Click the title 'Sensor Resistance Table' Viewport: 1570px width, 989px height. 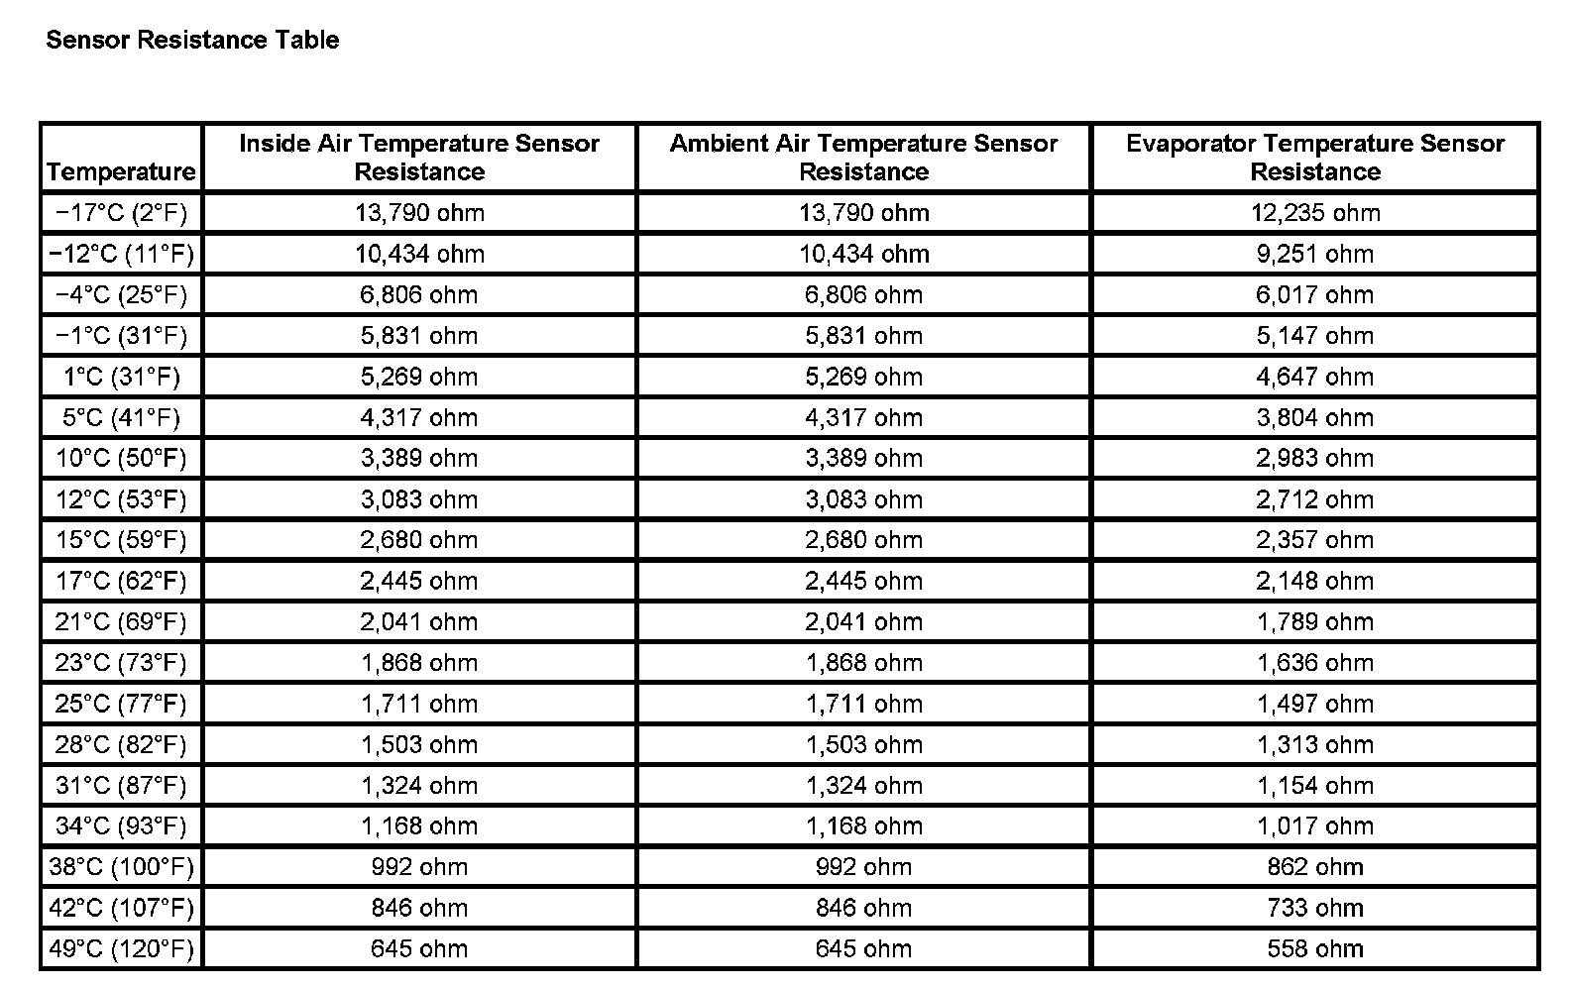(192, 40)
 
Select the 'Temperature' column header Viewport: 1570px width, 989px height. (121, 171)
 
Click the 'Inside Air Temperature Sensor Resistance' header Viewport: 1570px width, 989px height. (419, 157)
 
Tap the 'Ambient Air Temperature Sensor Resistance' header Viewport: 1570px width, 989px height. (863, 157)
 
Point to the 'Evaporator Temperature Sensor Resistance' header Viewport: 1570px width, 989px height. (1314, 157)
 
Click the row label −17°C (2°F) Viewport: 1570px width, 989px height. (121, 212)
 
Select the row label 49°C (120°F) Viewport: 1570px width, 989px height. (121, 948)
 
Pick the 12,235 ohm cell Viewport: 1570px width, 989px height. (1314, 212)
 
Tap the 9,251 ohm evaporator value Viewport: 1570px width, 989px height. (1314, 254)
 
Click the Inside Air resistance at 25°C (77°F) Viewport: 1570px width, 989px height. (419, 704)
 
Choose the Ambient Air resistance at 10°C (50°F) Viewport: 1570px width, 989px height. (863, 458)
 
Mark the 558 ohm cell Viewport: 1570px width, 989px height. (1314, 948)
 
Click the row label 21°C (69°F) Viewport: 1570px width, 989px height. (121, 621)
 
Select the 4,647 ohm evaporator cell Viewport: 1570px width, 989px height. (1314, 377)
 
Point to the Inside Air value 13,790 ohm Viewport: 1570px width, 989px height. (419, 212)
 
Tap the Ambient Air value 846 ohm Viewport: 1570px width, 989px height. (863, 908)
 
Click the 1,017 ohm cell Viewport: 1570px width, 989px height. (1314, 825)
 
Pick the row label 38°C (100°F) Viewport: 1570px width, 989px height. (121, 867)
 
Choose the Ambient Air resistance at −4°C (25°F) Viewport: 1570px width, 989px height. (863, 294)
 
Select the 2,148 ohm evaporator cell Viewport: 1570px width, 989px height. (1314, 581)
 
